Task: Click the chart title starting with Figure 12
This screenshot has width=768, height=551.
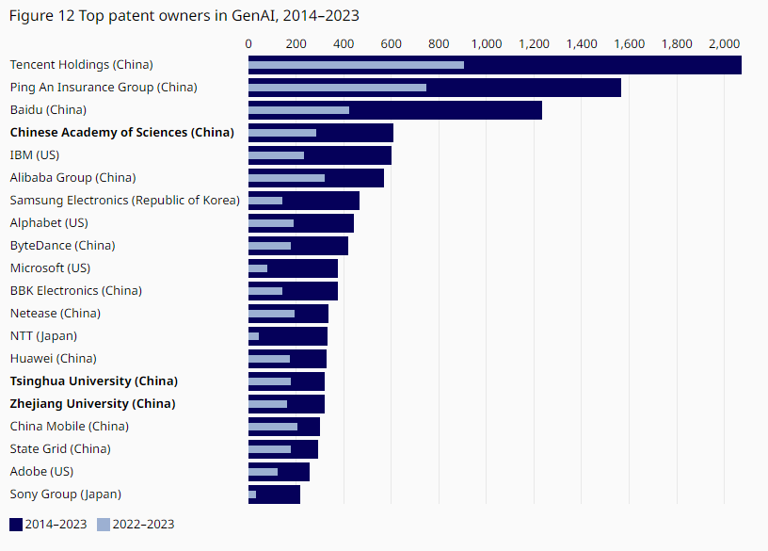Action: [184, 15]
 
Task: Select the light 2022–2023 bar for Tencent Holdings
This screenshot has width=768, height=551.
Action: [356, 65]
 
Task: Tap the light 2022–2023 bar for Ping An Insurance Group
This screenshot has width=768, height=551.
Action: [337, 88]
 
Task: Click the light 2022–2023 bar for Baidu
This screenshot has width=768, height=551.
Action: [298, 110]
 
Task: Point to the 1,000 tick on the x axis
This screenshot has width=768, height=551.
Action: [487, 43]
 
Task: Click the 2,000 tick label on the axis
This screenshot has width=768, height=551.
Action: [725, 43]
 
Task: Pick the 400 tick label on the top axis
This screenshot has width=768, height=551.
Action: [344, 43]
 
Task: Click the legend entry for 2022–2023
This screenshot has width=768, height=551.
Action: [136, 525]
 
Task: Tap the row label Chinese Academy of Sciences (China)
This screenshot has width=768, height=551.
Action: [121, 133]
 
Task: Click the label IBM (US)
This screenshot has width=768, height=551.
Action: [34, 155]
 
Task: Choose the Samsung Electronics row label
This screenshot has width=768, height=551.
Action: [124, 201]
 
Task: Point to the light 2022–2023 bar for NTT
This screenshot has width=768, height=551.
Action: [253, 336]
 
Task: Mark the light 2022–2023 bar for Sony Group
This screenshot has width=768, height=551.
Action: [252, 494]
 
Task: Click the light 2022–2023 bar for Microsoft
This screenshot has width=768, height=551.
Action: [258, 268]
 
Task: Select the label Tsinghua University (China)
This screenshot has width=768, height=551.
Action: [93, 381]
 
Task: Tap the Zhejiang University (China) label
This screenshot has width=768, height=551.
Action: [92, 404]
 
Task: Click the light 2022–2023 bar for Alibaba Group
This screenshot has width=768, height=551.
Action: [286, 178]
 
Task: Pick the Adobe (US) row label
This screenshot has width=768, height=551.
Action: [41, 472]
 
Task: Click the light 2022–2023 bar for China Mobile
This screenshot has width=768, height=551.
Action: [273, 427]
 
